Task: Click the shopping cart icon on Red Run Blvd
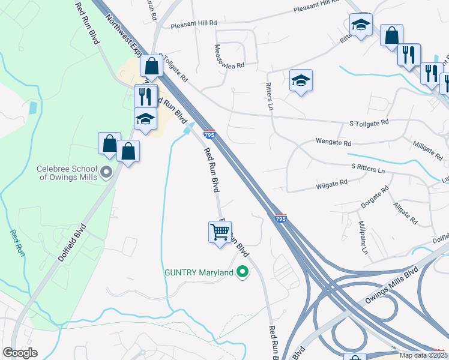tap(220, 232)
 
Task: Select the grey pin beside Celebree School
tap(107, 173)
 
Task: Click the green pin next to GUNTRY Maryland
tap(243, 273)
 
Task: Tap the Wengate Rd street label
tap(333, 143)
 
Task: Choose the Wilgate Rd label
tap(331, 182)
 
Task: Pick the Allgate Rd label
tap(406, 212)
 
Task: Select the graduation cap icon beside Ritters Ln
tap(301, 80)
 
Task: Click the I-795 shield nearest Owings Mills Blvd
tap(280, 219)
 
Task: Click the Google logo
tap(20, 353)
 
